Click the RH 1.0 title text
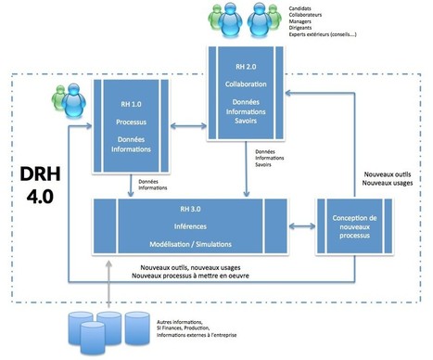pyautogui.click(x=132, y=104)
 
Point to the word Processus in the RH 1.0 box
pyautogui.click(x=132, y=122)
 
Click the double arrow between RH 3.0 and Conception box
pyautogui.click(x=302, y=225)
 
